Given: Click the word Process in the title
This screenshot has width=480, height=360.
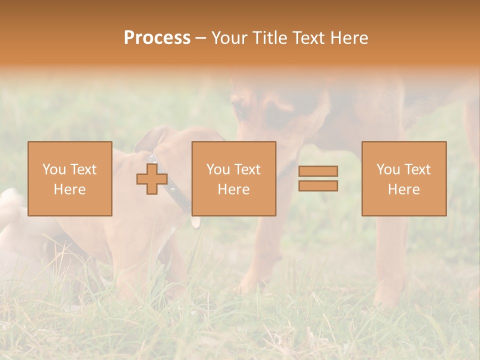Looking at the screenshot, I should (x=157, y=38).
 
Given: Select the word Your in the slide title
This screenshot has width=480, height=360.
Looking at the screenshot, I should (x=230, y=38).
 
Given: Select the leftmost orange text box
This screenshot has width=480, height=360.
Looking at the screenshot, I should (x=69, y=178).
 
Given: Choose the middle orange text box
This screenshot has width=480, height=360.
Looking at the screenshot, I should (x=233, y=178).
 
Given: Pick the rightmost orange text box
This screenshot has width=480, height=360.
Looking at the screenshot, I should (x=403, y=178).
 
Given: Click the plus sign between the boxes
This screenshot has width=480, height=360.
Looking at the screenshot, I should (x=152, y=179).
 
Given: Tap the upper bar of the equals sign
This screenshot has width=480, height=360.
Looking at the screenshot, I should (x=318, y=171).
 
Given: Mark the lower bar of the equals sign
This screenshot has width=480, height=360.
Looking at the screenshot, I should (x=318, y=186).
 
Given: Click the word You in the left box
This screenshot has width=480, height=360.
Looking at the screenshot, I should (x=54, y=169).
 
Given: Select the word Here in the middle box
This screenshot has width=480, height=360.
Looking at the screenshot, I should (x=233, y=189).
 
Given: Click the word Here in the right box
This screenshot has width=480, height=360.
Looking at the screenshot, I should (x=403, y=189).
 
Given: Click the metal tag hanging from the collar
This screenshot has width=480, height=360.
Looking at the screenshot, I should (x=195, y=222).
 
